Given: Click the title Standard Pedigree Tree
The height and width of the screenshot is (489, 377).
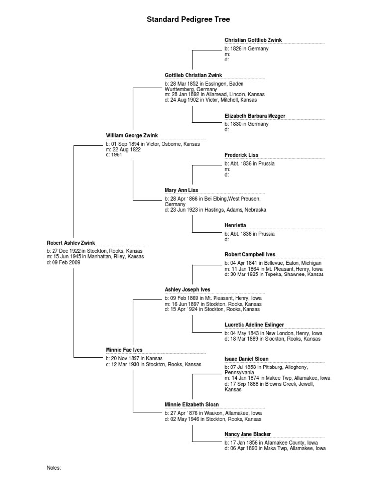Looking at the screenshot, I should coord(188,20).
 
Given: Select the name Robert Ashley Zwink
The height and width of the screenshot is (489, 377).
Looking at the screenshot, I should coord(71,243).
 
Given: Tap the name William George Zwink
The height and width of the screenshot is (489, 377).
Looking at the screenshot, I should coord(132,135).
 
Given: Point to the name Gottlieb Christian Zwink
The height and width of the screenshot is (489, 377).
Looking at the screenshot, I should coord(193,75).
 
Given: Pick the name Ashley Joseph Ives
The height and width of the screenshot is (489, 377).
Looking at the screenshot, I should coord(188,290).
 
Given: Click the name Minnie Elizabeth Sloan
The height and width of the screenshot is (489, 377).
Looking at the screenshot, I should coord(192,404).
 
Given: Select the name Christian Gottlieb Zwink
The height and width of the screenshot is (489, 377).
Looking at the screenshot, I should coord(253,40).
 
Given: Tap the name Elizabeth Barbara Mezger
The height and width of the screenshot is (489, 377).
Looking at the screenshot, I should coord(255,116).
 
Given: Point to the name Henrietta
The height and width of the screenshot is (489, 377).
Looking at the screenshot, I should coord(236,225).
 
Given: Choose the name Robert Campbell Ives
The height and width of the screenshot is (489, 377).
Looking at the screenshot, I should coord(250,254).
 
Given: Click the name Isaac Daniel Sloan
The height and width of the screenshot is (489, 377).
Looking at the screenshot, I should coord(246,359).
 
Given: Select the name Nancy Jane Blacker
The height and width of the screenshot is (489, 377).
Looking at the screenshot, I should coord(248,434).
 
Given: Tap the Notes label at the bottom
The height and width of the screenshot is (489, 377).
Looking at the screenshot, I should coord(54,468).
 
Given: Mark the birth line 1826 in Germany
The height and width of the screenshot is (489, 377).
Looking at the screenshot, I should coord(246,49).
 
